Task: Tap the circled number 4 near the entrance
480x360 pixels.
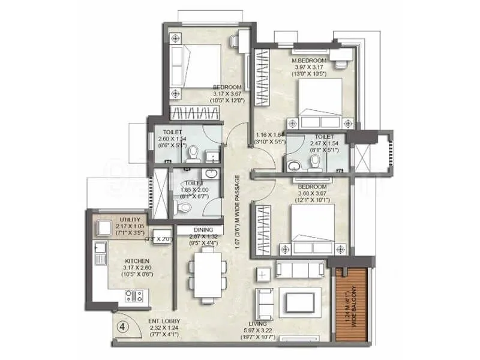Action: tap(122, 327)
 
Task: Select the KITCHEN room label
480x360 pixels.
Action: tap(137, 261)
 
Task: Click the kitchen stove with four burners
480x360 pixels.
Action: tap(133, 295)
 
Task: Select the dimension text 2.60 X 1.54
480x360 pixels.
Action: tap(164, 139)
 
